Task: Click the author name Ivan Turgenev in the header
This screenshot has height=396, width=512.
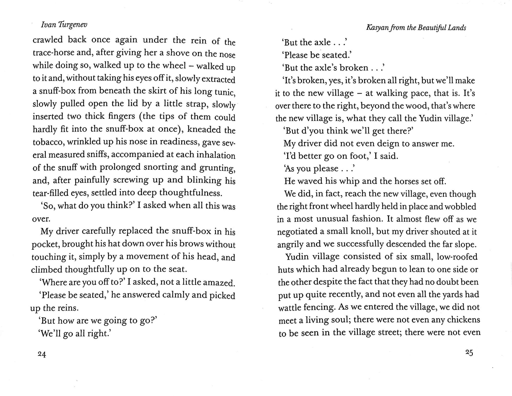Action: click(64, 25)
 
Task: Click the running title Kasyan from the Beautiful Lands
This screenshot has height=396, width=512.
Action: click(416, 28)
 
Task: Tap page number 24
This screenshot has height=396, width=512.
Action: click(42, 354)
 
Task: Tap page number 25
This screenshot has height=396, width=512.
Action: click(469, 353)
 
